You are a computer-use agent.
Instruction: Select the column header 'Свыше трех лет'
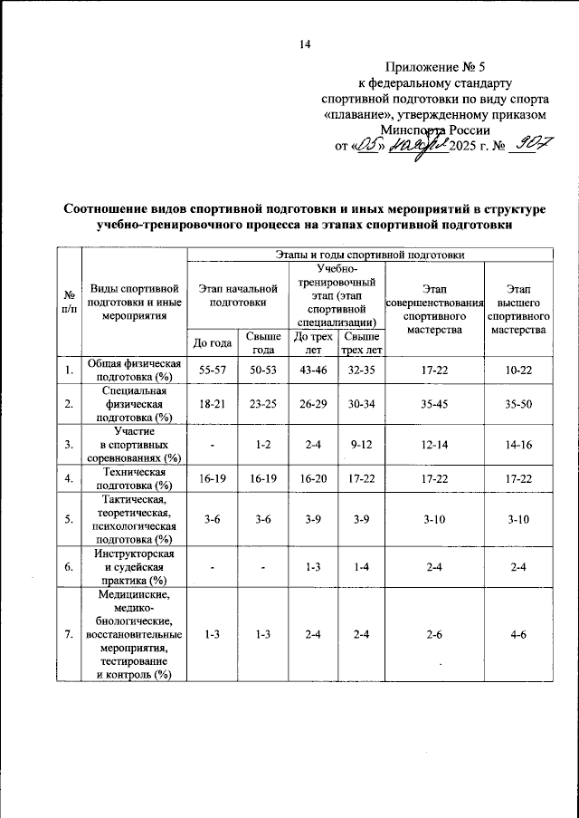(x=361, y=342)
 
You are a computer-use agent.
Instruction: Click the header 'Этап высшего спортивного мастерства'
(x=518, y=308)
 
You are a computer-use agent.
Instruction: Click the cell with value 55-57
(x=213, y=371)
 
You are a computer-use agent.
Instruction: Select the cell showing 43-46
(x=313, y=371)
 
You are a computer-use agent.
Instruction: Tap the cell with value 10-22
(x=518, y=371)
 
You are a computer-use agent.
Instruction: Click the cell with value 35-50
(x=518, y=404)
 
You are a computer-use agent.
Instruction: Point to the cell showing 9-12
(x=361, y=445)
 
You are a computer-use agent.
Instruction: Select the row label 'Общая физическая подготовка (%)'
(x=133, y=371)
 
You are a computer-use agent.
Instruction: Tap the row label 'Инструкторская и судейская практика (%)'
(x=133, y=566)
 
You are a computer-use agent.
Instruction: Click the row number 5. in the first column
(x=69, y=520)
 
